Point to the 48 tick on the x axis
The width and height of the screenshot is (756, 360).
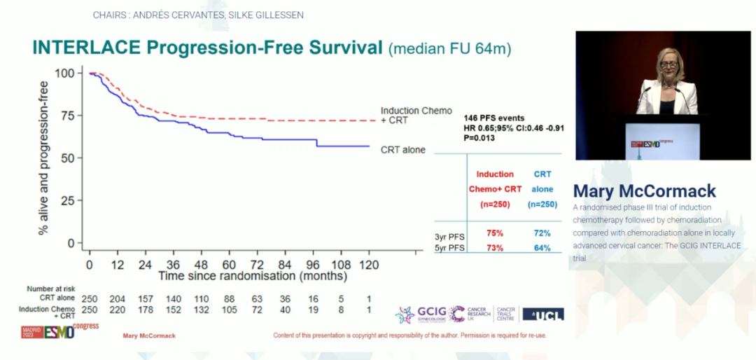[x=201, y=265]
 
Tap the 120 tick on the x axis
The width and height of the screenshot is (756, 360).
[x=368, y=265]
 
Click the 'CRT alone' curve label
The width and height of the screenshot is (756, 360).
[x=402, y=150]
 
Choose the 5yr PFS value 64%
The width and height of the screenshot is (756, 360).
[x=541, y=248]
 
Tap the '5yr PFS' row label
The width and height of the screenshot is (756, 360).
[x=449, y=248]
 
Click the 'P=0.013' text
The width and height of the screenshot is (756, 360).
[x=480, y=139]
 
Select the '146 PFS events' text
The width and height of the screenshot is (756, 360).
[x=493, y=118]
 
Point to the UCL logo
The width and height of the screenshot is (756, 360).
[x=543, y=314]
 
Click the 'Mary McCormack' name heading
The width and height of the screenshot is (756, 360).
[x=644, y=191]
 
